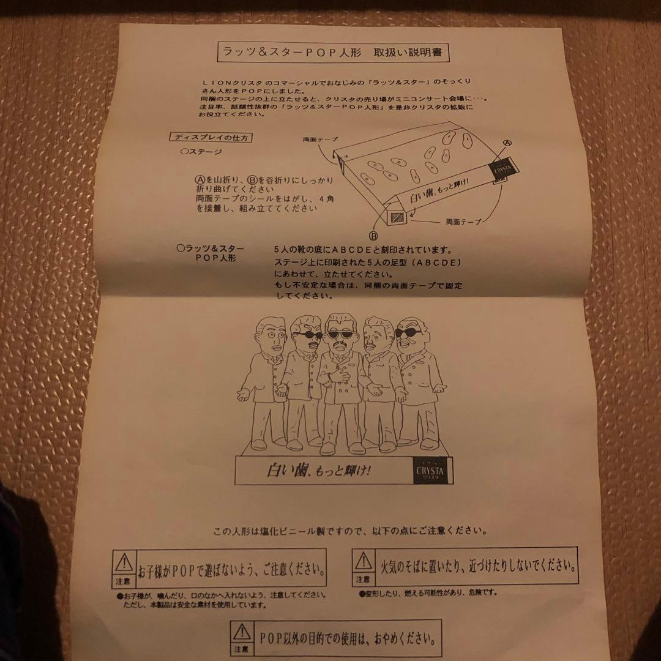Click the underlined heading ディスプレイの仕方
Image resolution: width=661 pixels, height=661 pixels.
204,137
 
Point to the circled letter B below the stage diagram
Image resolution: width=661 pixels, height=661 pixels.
372,234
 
